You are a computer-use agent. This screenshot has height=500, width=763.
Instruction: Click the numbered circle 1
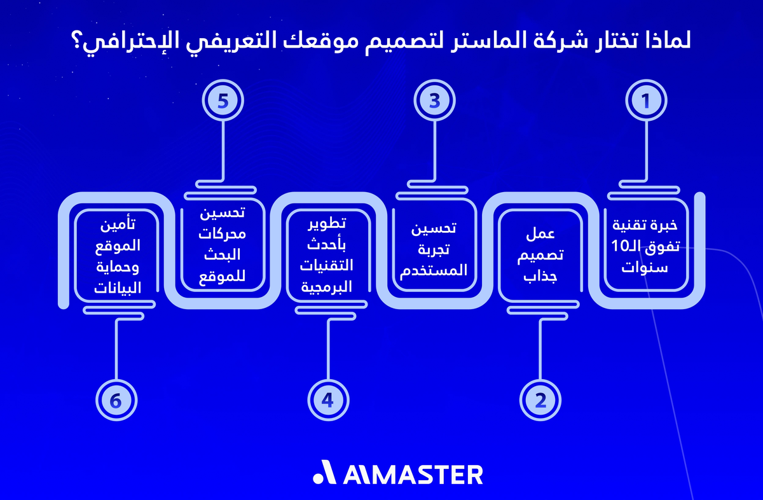[x=646, y=101]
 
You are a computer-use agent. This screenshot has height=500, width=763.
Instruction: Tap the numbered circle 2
[x=540, y=399]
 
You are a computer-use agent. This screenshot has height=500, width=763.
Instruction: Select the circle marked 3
[x=434, y=101]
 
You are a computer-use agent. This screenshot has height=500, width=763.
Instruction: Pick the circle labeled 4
[x=328, y=399]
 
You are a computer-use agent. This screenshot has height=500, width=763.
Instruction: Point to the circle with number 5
[x=223, y=101]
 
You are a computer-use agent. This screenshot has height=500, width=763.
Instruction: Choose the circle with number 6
[x=116, y=399]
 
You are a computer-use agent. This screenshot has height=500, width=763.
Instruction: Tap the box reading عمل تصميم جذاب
[x=540, y=255]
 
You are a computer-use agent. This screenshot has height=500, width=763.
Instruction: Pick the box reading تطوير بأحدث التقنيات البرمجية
[x=328, y=255]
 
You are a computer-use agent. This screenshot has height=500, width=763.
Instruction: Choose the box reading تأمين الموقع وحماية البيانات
[x=116, y=255]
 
